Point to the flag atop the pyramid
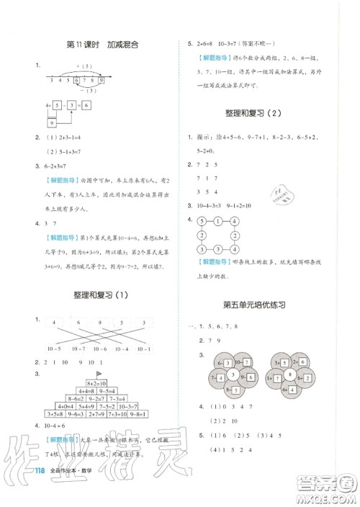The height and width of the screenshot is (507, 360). tap(98, 374)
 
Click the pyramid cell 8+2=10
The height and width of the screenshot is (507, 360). tap(96, 385)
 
